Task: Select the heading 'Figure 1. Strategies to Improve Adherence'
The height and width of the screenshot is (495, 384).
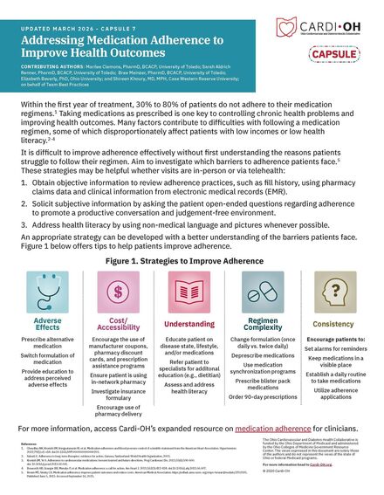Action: [x=192, y=261]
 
